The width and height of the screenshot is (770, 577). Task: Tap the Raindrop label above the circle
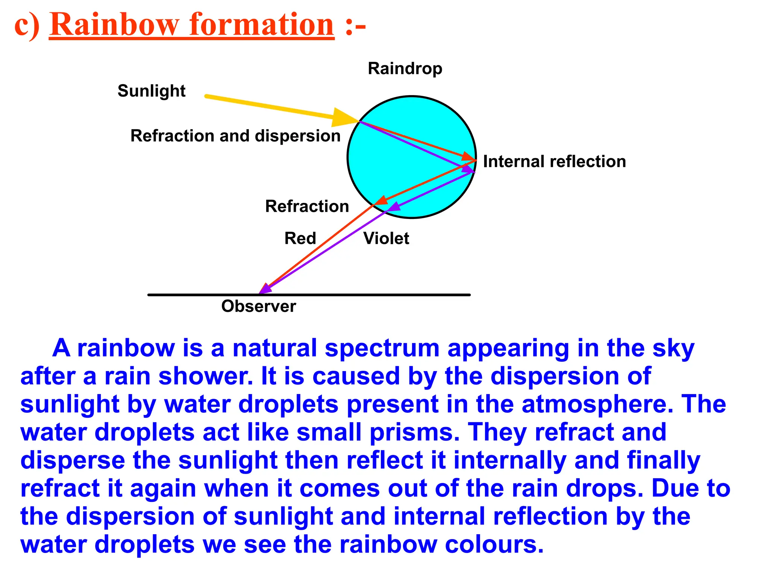405,69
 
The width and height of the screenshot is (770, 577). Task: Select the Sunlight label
152,91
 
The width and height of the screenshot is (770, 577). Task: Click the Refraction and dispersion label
235,136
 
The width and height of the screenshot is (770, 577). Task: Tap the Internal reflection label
554,162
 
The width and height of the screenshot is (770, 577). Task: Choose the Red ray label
300,238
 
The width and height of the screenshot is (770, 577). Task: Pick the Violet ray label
386,238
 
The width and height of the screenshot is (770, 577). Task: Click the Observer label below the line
259,306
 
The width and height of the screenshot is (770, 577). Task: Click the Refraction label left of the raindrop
307,206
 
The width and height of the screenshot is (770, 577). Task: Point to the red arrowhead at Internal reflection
468,156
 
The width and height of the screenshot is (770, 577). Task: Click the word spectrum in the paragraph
382,348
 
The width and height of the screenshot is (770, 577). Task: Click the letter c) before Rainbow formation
27,26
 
